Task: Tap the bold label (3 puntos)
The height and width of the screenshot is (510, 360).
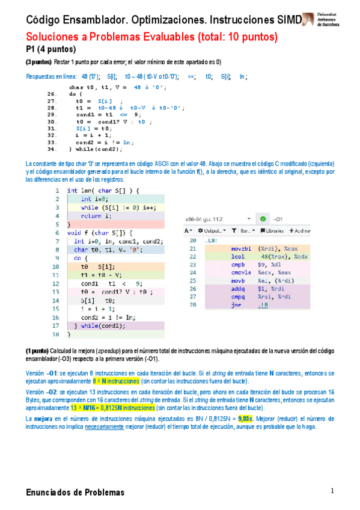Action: tap(38, 62)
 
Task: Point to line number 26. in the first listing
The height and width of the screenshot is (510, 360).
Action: tap(52, 94)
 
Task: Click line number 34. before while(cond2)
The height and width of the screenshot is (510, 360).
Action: tap(52, 149)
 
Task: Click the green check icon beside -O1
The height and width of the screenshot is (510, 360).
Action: tap(262, 220)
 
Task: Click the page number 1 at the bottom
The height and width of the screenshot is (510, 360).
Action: tap(331, 491)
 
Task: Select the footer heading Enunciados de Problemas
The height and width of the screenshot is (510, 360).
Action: tap(75, 493)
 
